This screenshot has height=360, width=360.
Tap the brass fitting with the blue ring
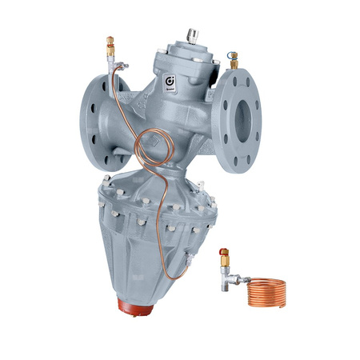(234, 59)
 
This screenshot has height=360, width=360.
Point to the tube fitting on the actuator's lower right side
(190, 258)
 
